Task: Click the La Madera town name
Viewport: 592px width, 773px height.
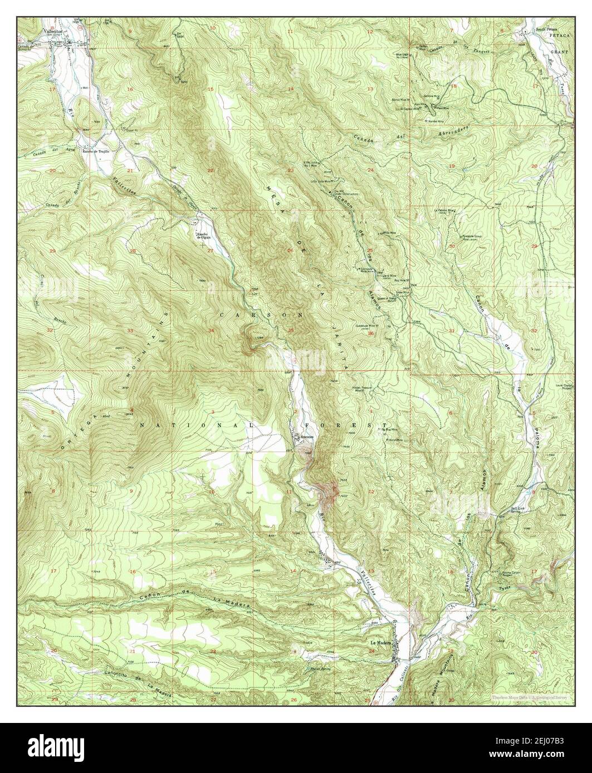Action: pos(381,643)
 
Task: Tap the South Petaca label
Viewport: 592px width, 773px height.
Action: pos(546,28)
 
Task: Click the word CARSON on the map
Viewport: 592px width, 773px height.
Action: pos(262,314)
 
